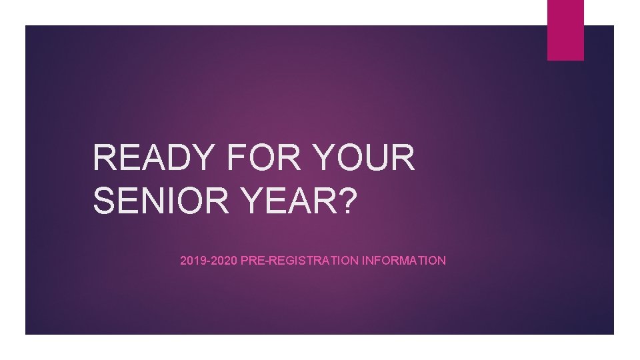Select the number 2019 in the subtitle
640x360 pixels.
(192, 261)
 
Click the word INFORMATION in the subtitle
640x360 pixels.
(403, 261)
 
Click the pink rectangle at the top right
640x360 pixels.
(565, 30)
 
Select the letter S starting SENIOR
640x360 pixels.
(105, 201)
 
